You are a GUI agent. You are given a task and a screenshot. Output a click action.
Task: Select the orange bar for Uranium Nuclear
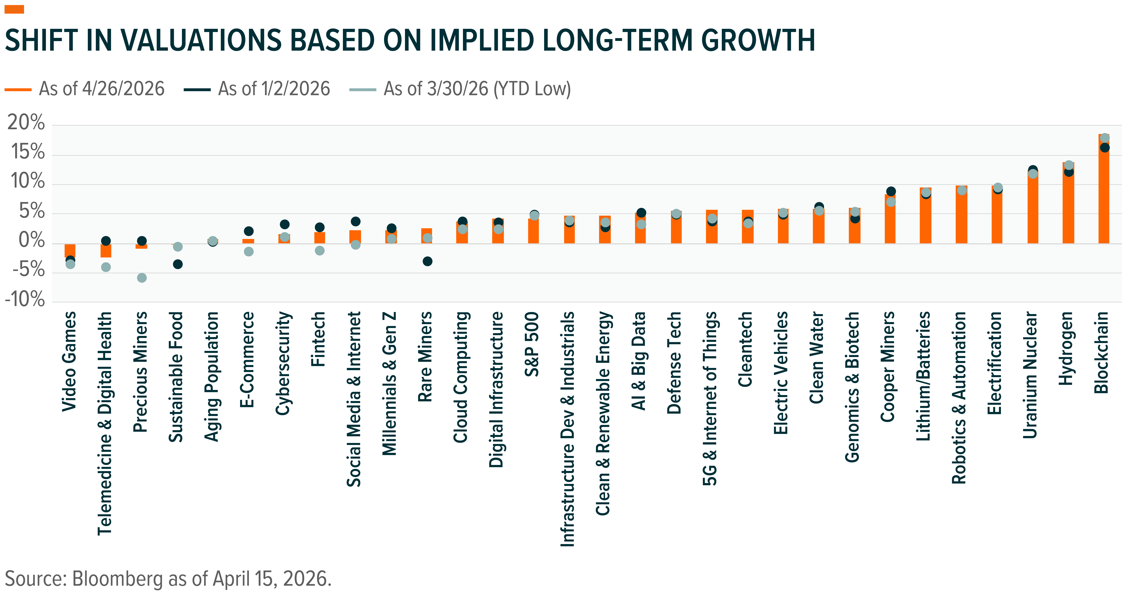pyautogui.click(x=1032, y=207)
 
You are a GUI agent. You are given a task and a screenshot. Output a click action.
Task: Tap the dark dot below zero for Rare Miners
pyautogui.click(x=427, y=261)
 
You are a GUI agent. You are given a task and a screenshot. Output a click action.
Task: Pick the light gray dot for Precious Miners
pyautogui.click(x=142, y=278)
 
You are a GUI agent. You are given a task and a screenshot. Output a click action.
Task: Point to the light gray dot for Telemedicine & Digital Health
pyautogui.click(x=106, y=267)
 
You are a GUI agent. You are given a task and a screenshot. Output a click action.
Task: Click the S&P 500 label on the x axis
pyautogui.click(x=532, y=344)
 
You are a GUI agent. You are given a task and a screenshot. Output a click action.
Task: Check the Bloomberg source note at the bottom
pyautogui.click(x=168, y=579)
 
